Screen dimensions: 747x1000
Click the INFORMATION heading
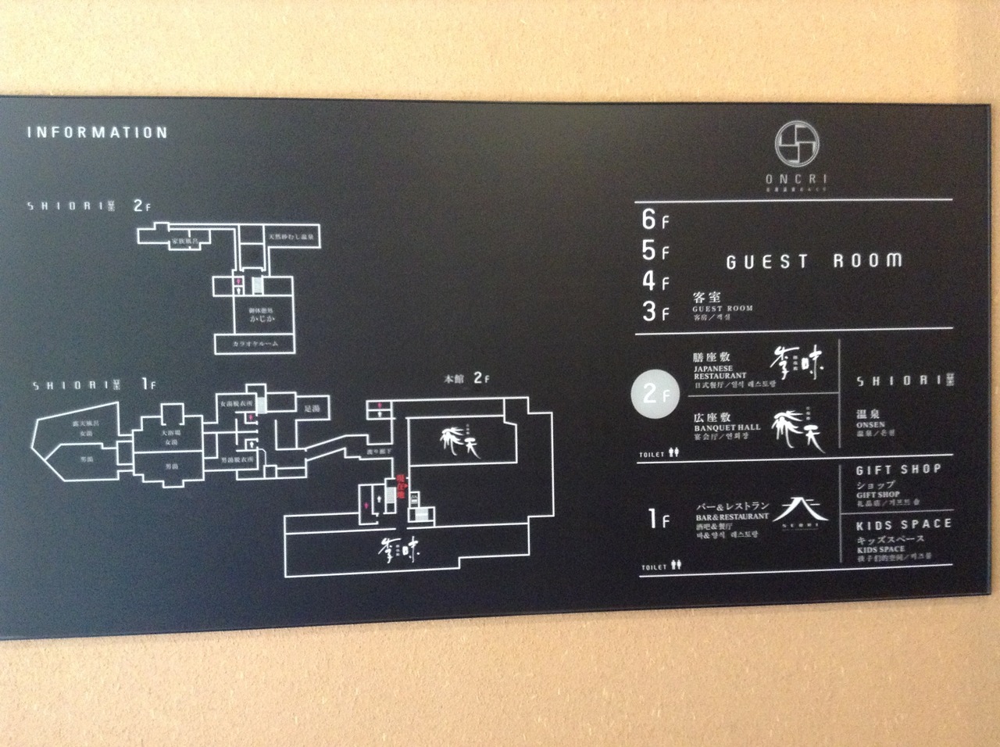click(98, 132)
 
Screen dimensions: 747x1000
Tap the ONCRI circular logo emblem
click(796, 146)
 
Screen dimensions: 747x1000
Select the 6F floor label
click(654, 220)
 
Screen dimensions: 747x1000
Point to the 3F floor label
click(655, 311)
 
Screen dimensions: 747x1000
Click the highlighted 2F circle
click(650, 395)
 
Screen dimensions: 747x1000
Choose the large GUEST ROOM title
click(813, 261)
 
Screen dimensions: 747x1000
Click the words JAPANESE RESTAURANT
click(720, 372)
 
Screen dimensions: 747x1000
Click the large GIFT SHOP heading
click(898, 470)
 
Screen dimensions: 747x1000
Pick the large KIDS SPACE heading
click(903, 524)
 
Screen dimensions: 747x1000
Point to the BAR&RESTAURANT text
click(732, 516)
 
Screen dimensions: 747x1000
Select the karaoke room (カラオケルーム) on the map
click(255, 344)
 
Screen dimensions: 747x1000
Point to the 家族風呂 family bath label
click(184, 242)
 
